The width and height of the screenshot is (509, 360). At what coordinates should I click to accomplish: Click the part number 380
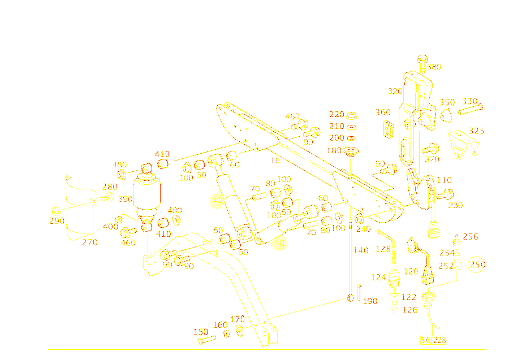[x=434, y=67]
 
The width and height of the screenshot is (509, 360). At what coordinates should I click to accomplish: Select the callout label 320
[x=395, y=91]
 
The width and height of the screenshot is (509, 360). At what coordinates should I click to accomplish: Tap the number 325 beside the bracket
[x=477, y=131]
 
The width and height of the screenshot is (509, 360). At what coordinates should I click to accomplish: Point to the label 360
[x=383, y=112]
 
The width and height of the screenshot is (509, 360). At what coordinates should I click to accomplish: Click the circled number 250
[x=478, y=264]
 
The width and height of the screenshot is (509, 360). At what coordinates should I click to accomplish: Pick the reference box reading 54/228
[x=433, y=340]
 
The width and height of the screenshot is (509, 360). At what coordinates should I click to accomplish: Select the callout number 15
[x=275, y=161]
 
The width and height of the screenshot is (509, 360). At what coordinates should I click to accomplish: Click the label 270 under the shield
[x=89, y=242]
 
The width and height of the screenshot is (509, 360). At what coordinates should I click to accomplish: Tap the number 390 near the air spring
[x=125, y=199]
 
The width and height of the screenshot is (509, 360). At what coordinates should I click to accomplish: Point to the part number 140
[x=361, y=250]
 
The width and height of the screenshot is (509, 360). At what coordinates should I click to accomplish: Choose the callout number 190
[x=370, y=301]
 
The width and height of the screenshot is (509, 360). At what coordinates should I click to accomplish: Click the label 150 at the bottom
[x=201, y=332]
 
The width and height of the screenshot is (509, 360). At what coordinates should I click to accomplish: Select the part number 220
[x=337, y=115]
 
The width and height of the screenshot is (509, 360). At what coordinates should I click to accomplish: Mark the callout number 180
[x=334, y=151]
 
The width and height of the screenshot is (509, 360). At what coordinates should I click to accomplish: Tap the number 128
[x=383, y=249]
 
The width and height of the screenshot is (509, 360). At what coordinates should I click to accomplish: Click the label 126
[x=411, y=309]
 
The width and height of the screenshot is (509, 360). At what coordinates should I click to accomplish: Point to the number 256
[x=471, y=237]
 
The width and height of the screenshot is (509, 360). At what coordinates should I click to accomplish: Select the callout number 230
[x=455, y=205]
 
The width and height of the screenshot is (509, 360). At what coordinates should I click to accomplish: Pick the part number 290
[x=57, y=220]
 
